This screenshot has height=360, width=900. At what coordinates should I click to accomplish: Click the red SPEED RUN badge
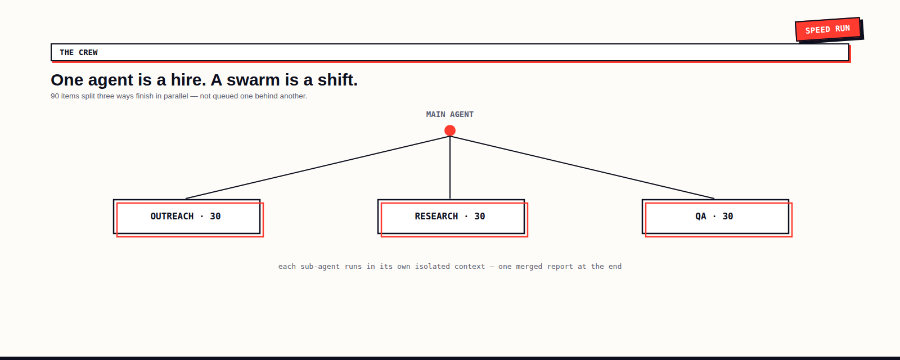click(x=827, y=29)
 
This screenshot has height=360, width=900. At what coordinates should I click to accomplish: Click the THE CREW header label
click(x=79, y=53)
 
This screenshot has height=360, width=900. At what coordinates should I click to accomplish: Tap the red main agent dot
click(x=450, y=130)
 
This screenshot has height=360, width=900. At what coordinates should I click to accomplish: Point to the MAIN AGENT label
click(x=450, y=115)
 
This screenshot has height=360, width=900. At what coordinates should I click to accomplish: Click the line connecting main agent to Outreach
click(x=318, y=168)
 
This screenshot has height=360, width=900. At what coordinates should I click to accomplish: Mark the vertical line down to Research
click(x=450, y=168)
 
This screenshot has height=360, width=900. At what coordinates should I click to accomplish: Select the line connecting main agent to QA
click(x=582, y=168)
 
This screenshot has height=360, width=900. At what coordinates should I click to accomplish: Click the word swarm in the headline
click(x=253, y=80)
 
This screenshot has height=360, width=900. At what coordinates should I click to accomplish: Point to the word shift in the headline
click(x=337, y=80)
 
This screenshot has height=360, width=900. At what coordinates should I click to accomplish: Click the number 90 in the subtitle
click(x=55, y=96)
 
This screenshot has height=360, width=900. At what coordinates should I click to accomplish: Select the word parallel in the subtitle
click(x=175, y=96)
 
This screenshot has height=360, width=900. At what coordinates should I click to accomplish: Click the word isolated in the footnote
click(x=433, y=267)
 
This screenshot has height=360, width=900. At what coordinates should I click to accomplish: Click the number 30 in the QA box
click(x=728, y=217)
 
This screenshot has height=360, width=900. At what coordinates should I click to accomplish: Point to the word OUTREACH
click(x=172, y=217)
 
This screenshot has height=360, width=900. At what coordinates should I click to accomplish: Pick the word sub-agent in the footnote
click(x=320, y=267)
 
